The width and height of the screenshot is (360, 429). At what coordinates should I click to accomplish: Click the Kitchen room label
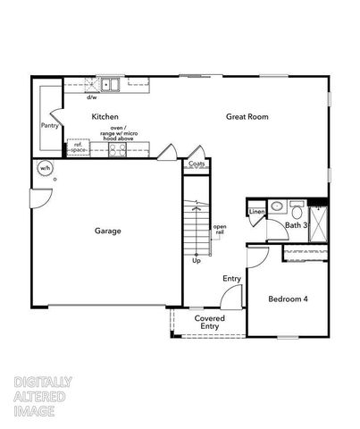pos(105,117)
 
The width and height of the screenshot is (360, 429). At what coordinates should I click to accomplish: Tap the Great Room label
pos(247,116)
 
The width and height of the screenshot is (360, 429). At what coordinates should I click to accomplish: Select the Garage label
pos(108,231)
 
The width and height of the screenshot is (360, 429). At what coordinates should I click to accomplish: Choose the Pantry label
pos(49,126)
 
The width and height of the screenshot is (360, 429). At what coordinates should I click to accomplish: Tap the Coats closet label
pos(196,164)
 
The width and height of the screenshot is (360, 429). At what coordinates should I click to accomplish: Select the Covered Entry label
pos(210,322)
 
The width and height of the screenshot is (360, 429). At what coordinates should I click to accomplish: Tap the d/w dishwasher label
pos(91,97)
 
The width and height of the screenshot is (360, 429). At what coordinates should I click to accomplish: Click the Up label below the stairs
pos(196,260)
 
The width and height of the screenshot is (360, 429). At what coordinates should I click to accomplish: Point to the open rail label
pos(219,231)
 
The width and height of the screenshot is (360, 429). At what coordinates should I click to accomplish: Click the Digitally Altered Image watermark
pos(43,397)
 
